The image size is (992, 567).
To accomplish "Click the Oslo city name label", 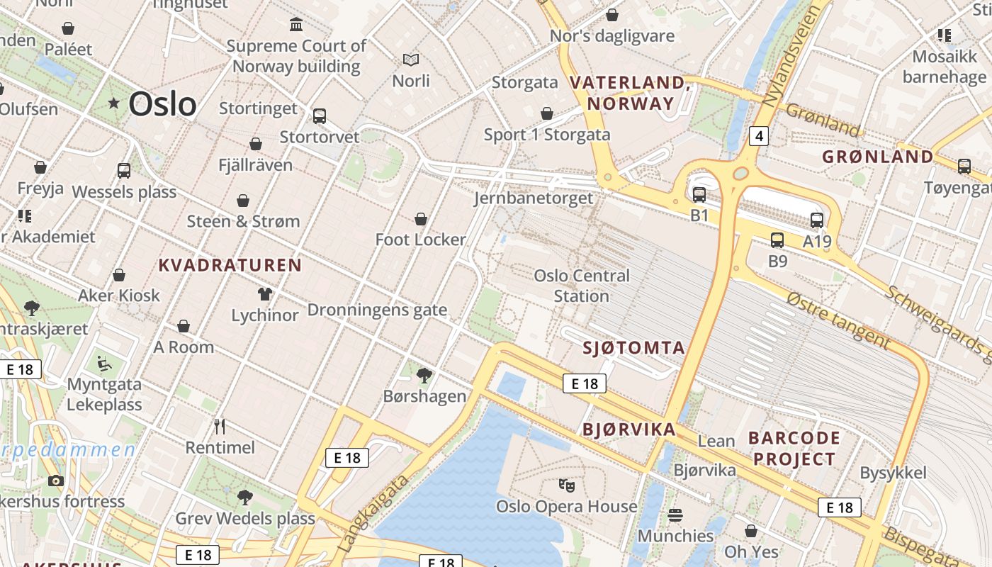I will pos(162,104).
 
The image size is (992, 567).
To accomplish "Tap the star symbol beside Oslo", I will pos(113,103).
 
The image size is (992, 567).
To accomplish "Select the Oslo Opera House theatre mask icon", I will pos(566,485).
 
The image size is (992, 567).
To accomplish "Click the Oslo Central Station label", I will pos(581,286).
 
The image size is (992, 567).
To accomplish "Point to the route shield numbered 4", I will pos(758,135).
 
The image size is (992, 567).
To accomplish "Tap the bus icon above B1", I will pos(699,194).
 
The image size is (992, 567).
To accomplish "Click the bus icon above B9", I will pos(777,240).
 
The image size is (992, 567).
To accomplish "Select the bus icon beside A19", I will pos(817,220).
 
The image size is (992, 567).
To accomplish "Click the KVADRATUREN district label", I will pos(230,266).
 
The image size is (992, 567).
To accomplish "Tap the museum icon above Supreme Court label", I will pos(296,25).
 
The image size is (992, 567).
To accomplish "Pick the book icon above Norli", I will pos(411,60).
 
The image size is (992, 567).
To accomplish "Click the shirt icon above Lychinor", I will pos(265,294).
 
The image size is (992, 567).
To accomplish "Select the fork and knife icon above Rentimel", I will pos(220,426).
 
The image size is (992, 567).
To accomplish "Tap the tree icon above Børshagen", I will pos(424,375).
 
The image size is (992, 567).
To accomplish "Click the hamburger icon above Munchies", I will pos(675,515).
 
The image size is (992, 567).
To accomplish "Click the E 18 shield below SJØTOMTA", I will pos(585,383).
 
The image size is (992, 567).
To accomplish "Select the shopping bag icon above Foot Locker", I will pos(421,219).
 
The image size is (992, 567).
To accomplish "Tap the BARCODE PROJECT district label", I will pos(794,448).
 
